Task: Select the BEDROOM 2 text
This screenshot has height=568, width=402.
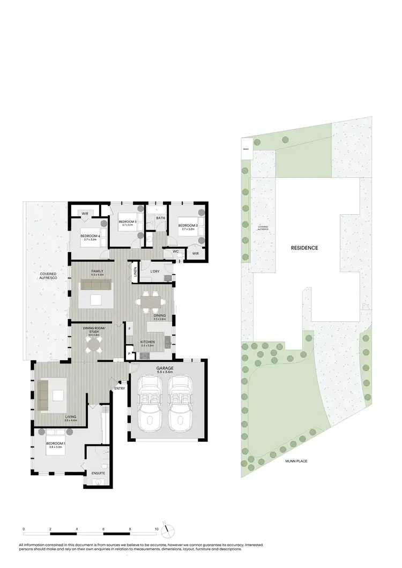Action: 188,225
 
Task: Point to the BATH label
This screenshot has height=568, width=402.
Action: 160,218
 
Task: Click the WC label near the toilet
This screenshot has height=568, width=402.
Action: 175,252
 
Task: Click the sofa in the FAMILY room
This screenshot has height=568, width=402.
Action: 95,284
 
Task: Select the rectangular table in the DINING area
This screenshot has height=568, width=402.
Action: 151,302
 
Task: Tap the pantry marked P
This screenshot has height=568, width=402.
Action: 129,353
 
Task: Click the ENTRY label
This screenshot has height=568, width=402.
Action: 119,388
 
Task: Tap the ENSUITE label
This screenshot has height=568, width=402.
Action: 98,473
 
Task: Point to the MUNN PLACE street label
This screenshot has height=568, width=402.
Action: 296,460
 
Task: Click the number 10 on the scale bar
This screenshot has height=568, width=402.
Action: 157,529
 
